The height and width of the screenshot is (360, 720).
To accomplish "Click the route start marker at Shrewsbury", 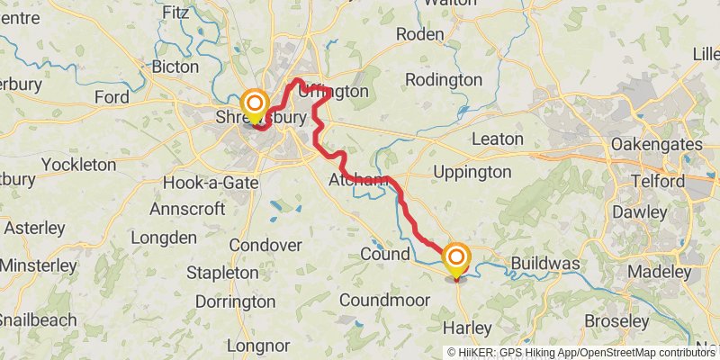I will [x=255, y=104].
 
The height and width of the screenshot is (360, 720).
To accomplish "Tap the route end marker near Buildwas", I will [x=457, y=259].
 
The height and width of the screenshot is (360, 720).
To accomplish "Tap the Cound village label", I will [x=385, y=255].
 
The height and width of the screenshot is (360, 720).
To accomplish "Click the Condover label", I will [x=265, y=245].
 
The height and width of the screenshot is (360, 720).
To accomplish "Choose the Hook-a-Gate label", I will [x=211, y=183].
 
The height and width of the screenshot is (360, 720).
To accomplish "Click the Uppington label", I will [x=472, y=172].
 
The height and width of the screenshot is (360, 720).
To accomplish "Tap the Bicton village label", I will [x=176, y=67].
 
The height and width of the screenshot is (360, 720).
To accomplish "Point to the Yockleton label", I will [x=79, y=165].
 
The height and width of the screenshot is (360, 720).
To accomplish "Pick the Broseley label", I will [x=616, y=320].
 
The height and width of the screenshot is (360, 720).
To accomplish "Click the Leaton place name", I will [x=497, y=139].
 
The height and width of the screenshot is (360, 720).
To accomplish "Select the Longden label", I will [x=164, y=238].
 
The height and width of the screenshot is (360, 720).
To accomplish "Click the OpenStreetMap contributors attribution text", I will [x=647, y=353].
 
